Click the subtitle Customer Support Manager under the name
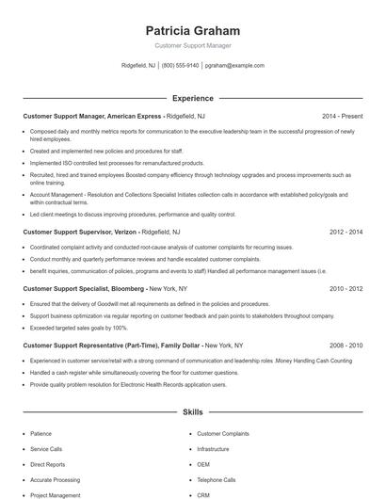pos(193,45)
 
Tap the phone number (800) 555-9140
pos(181,66)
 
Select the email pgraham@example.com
pos(234,66)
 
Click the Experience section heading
pos(193,98)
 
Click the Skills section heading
pos(193,412)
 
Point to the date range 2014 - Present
pos(342,116)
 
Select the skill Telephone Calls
pos(217,480)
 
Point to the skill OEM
pos(203,465)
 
